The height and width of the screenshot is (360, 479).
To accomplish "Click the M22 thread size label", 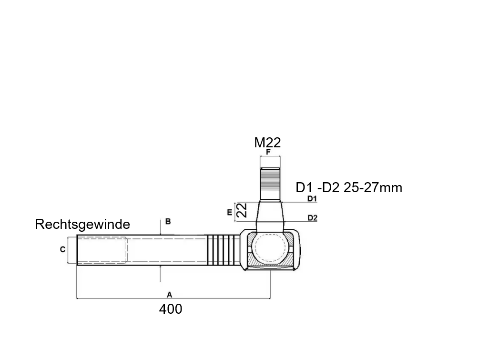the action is click(267, 143).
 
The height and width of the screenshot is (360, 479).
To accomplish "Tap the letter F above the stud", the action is click(268, 152).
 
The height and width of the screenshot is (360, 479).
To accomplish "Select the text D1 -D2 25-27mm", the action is click(349, 187).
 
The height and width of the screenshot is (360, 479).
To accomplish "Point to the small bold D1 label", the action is click(312, 199).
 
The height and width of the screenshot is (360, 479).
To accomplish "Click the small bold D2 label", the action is click(312, 218).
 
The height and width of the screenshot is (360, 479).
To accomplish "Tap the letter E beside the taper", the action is click(230, 212).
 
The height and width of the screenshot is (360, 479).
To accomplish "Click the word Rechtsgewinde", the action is click(82, 224).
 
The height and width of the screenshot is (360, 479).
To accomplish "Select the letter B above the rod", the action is click(168, 221).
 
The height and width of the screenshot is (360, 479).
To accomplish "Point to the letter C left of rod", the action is click(62, 249).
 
